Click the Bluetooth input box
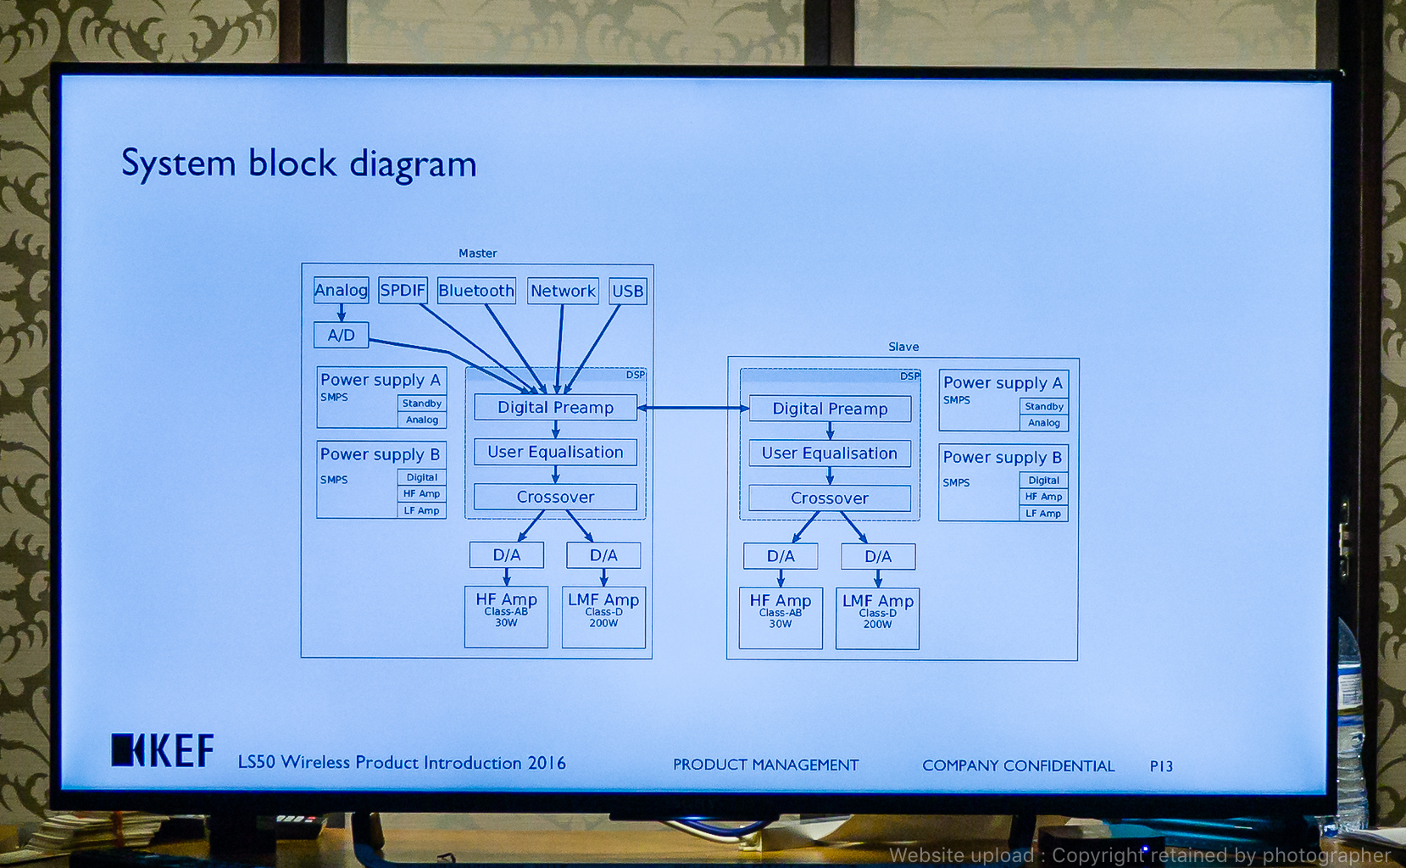pos(476,291)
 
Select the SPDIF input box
pos(403,291)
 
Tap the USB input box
pos(627,291)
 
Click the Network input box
pos(563,291)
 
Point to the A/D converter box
pos(342,335)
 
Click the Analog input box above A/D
pos(341,290)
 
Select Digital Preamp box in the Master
pos(555,407)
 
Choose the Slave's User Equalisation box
pos(829,453)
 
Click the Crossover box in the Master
pos(555,497)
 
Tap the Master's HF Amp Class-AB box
pos(506,616)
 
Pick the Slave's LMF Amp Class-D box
pos(877,618)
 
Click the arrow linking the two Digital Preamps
pos(693,408)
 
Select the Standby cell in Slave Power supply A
pos(1043,407)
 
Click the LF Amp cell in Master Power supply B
pos(421,510)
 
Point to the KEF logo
pos(163,750)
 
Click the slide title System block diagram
pos(298,164)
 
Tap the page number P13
pos(1161,766)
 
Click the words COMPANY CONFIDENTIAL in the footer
pos(1018,765)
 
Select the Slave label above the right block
pos(903,347)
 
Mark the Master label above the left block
pos(478,253)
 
